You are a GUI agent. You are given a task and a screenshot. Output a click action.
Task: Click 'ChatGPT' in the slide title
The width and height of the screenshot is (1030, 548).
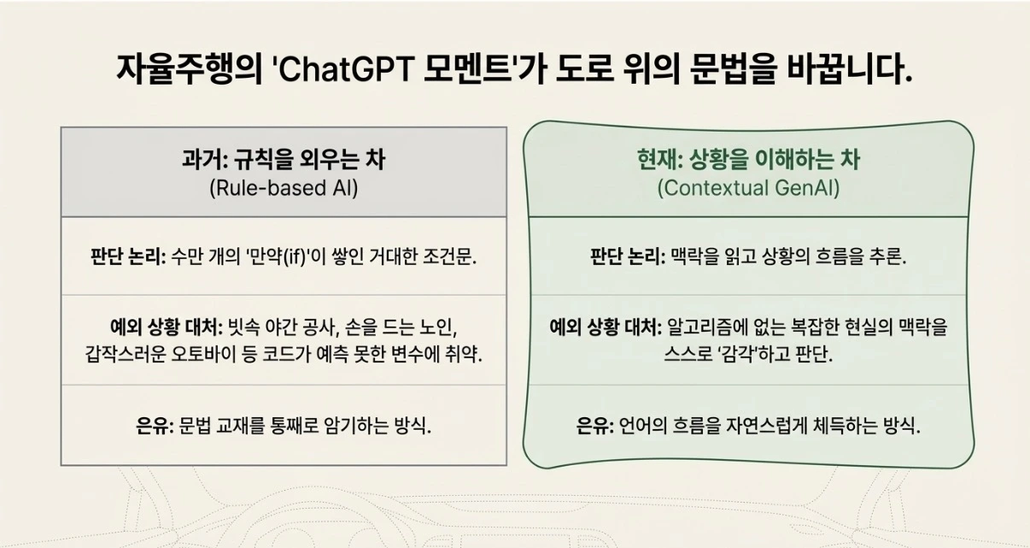[x=344, y=69]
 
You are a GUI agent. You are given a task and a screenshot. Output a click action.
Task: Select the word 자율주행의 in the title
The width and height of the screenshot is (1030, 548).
[x=189, y=69]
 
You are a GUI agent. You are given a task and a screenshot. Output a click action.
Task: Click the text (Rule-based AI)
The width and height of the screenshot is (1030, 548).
[x=284, y=188]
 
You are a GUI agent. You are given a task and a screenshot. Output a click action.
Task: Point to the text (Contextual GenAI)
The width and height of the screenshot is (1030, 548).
[x=748, y=188]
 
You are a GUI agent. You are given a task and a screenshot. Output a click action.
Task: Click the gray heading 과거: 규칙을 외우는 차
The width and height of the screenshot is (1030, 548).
[x=284, y=159]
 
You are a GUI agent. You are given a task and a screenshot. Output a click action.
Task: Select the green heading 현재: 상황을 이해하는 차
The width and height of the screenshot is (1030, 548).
[x=748, y=159]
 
